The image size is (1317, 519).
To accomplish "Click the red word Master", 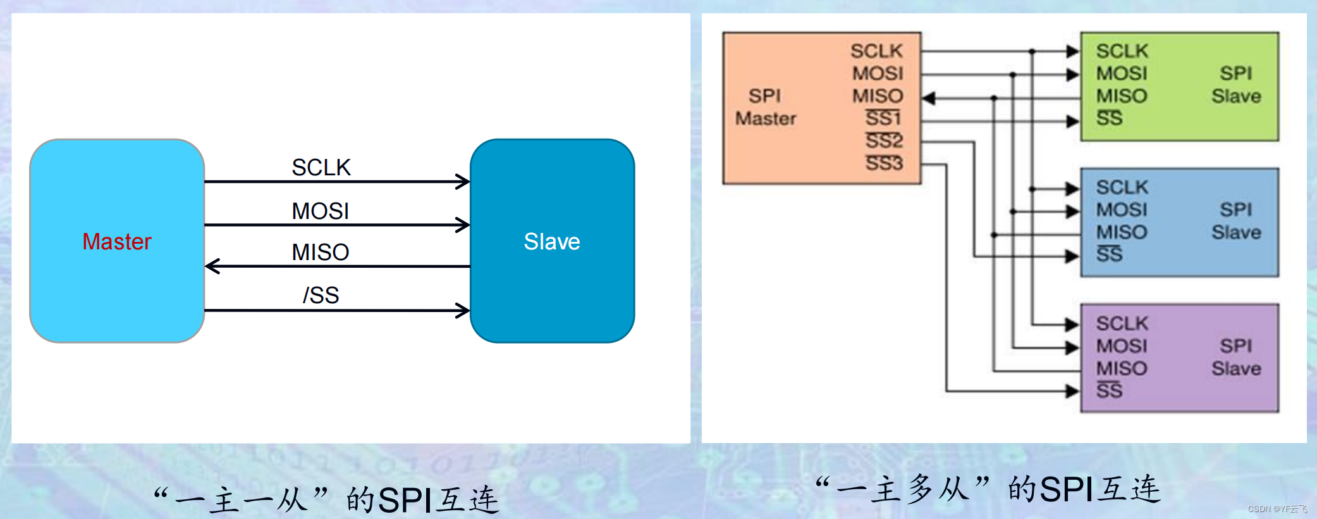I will coord(117,241).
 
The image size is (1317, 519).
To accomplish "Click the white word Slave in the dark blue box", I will coord(552,241).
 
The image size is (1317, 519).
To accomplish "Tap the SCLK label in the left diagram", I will coord(321,167).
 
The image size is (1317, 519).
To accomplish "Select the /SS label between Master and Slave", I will coord(321,295).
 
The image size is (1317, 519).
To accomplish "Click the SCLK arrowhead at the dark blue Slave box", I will coord(463,182).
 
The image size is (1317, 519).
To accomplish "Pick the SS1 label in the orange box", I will coord(883,118).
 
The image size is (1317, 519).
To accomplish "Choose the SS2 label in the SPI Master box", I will coord(884,141).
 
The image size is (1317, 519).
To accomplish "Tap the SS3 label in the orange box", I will coord(884,163).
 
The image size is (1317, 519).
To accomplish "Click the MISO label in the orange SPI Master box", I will coord(878,96).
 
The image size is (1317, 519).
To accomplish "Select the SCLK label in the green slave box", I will coord(1122,51).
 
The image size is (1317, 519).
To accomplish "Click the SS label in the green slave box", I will coord(1109,118).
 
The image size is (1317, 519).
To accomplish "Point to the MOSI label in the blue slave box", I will coord(1122,209).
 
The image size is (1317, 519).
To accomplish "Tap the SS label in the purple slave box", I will coord(1109,391).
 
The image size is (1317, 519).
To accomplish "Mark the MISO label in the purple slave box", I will coord(1122,368).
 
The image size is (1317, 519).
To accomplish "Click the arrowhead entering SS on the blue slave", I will coord(1072,256).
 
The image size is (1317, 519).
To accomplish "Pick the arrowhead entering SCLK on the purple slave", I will coord(1072,325).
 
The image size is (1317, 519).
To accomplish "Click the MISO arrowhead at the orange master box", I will coord(928,98).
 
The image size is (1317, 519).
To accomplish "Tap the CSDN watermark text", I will coord(1277,509).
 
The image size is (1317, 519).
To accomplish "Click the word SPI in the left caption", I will coord(405,501).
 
